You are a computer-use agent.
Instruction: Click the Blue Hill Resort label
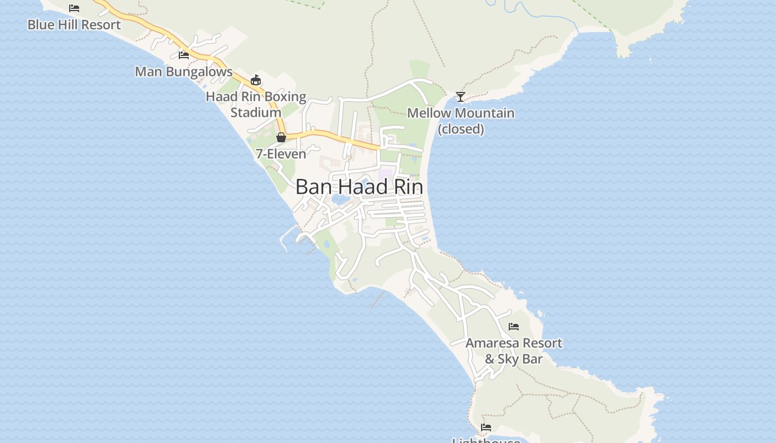pos(74,25)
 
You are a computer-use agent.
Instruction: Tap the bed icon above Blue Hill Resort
pos(74,8)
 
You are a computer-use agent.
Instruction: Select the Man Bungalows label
pos(184,72)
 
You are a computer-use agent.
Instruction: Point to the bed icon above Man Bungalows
pos(184,55)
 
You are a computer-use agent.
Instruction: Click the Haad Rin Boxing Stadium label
pos(256,104)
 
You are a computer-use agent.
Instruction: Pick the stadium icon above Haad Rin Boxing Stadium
pos(256,80)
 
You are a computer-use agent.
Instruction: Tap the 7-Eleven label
pos(281,154)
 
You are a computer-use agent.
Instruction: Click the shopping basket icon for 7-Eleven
pos(281,137)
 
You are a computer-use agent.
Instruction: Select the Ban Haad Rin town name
pos(359,187)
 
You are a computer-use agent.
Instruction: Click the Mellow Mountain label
pos(461,114)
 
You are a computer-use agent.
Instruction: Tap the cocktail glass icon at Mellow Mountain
pos(461,97)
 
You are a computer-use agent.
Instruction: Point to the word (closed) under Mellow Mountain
pos(461,129)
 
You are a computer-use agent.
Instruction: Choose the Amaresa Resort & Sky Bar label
pos(514,351)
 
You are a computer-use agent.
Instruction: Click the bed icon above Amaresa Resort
pos(514,327)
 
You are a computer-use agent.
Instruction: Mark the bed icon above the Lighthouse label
pos(486,427)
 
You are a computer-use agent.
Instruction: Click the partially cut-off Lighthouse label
pos(486,440)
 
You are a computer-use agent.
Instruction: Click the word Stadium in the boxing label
pos(256,112)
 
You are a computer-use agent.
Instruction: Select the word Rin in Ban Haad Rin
pos(408,187)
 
